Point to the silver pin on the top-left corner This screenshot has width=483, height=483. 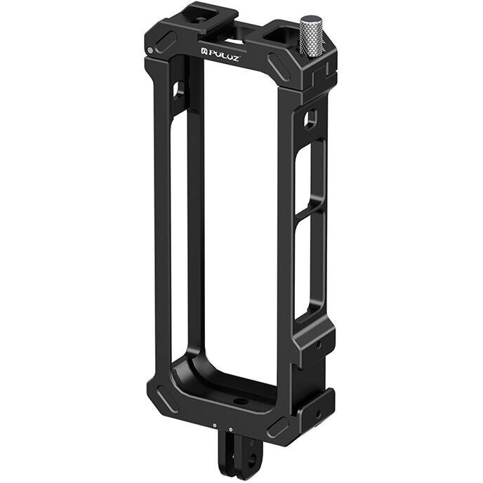(x=151, y=51)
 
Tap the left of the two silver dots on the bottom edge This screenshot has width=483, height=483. (x=213, y=425)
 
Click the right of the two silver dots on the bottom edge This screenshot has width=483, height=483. (x=230, y=430)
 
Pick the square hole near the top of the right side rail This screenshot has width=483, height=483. (x=310, y=120)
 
